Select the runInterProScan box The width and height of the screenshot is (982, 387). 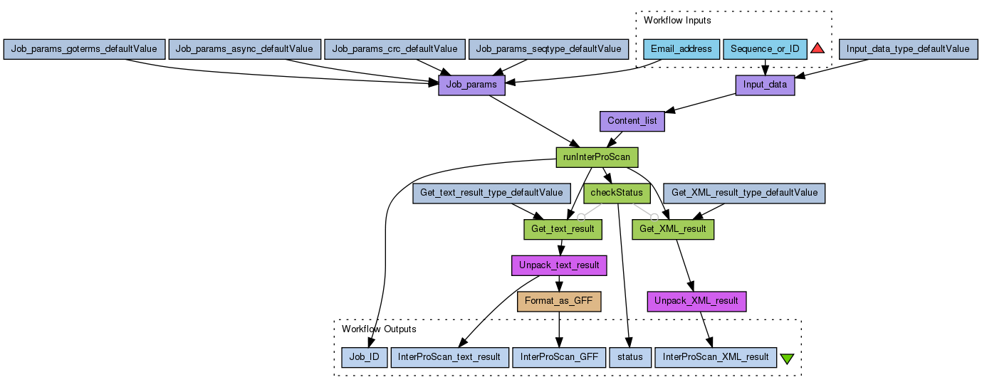point(596,157)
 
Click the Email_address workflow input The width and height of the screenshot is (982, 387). point(681,49)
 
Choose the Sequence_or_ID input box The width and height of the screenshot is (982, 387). point(765,49)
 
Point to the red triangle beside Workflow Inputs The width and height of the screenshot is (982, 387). point(817,48)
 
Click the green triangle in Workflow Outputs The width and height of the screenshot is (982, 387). point(787,359)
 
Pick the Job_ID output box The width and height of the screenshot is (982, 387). point(364,357)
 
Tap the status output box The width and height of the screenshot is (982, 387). point(630,357)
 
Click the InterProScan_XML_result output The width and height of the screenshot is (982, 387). point(715,357)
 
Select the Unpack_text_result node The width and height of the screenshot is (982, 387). point(558,265)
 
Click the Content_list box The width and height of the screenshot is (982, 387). point(632,121)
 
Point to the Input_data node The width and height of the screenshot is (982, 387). point(765,85)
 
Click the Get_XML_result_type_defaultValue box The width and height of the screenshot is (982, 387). point(744,193)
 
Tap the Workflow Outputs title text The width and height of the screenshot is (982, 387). point(379,329)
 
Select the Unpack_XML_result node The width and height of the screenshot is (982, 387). point(696,301)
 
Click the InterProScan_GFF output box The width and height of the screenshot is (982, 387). point(558,357)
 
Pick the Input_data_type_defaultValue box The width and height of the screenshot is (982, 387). point(908,49)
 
